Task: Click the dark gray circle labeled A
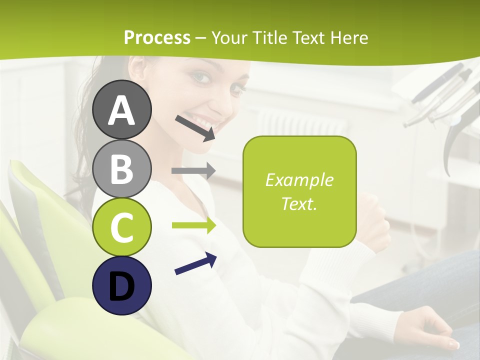coord(122,109)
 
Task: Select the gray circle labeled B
coord(122,168)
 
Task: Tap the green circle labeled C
coord(122,227)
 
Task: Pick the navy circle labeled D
coord(122,286)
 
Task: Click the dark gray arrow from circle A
coord(195,128)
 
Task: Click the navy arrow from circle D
coord(195,264)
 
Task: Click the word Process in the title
coord(157,37)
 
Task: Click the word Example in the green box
coord(299,180)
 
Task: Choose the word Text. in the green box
coord(299,203)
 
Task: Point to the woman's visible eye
coord(201,77)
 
